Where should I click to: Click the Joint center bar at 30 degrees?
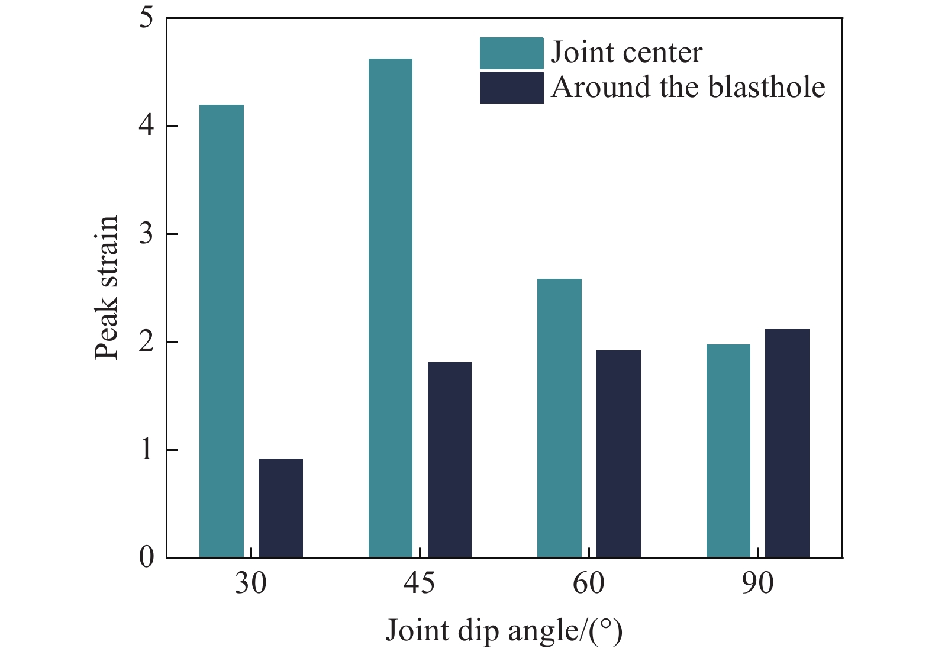click(x=221, y=331)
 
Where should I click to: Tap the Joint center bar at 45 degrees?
click(x=391, y=308)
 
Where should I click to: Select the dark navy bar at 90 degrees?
click(x=787, y=443)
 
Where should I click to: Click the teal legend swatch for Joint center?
click(x=511, y=53)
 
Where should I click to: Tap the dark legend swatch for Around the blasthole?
click(x=511, y=88)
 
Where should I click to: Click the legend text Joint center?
click(x=627, y=53)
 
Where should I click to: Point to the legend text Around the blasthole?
click(x=688, y=88)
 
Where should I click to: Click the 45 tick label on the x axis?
click(x=420, y=584)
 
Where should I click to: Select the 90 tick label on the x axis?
click(x=757, y=584)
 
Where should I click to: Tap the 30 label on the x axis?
click(x=251, y=584)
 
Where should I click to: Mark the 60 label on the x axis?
click(x=589, y=584)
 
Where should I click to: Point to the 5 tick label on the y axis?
click(x=146, y=18)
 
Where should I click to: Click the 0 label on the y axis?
click(x=146, y=557)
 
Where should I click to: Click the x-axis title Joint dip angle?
click(x=504, y=631)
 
